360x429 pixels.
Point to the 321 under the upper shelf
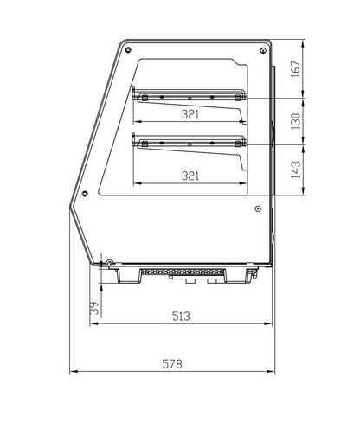192,113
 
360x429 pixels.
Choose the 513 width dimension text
179,316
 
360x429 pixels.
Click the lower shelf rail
189,139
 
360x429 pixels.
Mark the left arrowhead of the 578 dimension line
73,373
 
